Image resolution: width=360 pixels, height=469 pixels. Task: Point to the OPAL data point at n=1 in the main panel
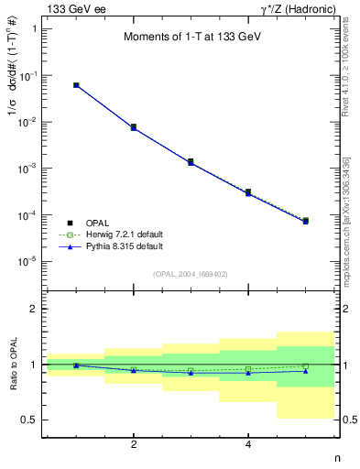[x=76, y=85]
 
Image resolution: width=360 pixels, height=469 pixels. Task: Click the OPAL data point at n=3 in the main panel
[x=191, y=161]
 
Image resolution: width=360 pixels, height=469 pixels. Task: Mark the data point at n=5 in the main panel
[x=305, y=221]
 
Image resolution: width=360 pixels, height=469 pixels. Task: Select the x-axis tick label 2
[x=134, y=445]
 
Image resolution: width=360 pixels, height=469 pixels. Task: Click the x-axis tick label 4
[x=248, y=445]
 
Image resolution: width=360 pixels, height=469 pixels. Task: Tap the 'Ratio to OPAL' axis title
[x=13, y=365]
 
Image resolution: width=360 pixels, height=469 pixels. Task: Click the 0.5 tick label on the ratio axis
[x=29, y=420]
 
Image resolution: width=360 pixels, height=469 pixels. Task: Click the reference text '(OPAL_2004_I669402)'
[x=191, y=273]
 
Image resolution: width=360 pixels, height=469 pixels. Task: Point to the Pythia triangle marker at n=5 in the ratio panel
[x=305, y=371]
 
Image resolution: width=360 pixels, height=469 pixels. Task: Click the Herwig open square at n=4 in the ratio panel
[x=248, y=368]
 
